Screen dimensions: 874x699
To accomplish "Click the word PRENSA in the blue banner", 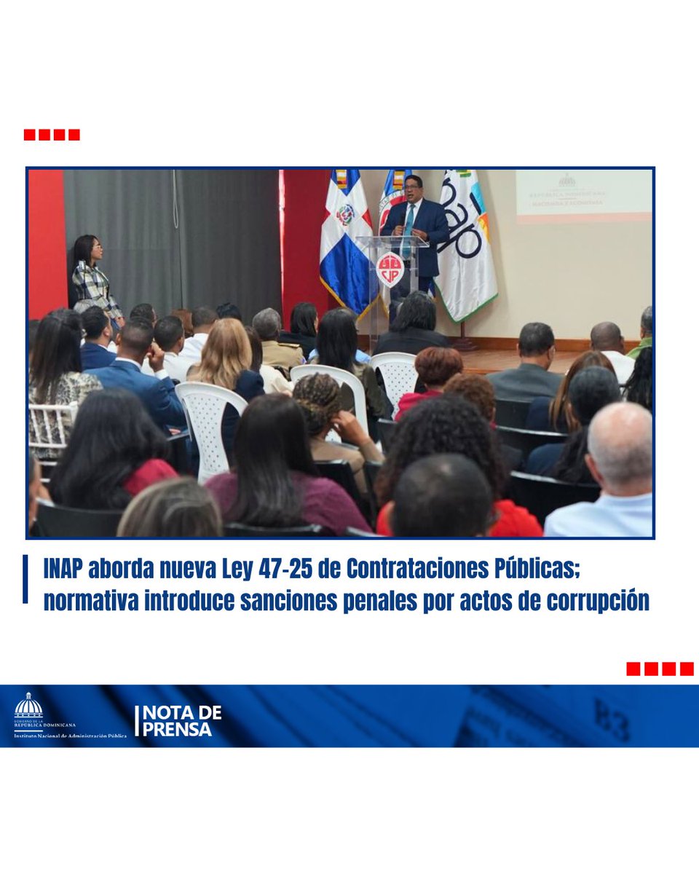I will coord(178,729).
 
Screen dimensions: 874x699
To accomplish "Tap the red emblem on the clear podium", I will coord(390,269).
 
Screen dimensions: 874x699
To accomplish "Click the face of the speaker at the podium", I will coord(412,189).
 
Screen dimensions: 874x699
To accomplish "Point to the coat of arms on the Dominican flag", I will coord(345,214).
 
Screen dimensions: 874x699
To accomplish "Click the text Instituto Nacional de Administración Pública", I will coord(71,736).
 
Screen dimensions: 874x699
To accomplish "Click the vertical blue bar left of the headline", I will coord(25,579).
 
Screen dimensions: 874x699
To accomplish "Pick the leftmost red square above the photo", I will coord(29,135).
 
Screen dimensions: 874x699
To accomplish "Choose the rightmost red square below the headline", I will coord(687,669).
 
